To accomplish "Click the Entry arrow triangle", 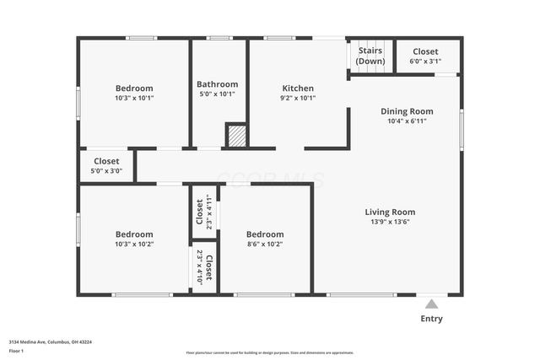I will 431,304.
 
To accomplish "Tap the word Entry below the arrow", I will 431,319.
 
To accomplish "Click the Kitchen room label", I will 298,88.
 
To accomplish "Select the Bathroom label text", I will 217,84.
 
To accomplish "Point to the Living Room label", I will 390,212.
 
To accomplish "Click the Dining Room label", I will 407,110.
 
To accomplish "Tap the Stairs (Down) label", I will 370,56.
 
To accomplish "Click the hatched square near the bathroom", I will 237,137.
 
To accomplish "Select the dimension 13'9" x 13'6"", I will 390,222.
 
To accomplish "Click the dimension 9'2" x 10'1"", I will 298,98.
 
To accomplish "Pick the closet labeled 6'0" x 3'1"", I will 425,56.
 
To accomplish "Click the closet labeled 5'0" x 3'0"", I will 106,165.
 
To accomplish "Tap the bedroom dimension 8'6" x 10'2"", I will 265,244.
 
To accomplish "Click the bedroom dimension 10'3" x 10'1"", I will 134,98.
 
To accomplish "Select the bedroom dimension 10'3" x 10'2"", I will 134,244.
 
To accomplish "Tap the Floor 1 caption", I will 17,350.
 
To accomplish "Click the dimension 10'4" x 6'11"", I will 407,121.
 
